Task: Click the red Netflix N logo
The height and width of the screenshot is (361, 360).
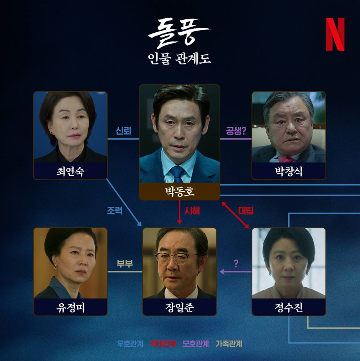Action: pyautogui.click(x=335, y=34)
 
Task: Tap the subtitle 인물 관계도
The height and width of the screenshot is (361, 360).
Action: pyautogui.click(x=179, y=59)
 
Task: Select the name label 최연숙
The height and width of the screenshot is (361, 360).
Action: pyautogui.click(x=70, y=172)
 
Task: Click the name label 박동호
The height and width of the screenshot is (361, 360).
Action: pyautogui.click(x=179, y=192)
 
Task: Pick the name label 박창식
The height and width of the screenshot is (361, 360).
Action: pyautogui.click(x=289, y=172)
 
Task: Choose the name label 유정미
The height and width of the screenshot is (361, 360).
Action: pyautogui.click(x=70, y=308)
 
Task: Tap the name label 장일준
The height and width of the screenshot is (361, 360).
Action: pyautogui.click(x=179, y=308)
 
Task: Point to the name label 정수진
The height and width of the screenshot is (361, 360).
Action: pyautogui.click(x=289, y=308)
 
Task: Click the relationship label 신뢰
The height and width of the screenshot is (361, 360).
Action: pyautogui.click(x=123, y=131)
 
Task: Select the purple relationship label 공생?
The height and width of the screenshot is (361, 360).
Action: pyautogui.click(x=236, y=131)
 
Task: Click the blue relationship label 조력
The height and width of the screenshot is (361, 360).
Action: pyautogui.click(x=115, y=211)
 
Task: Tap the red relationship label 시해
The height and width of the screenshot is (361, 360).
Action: pyautogui.click(x=192, y=211)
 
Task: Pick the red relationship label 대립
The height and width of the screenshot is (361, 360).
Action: pyautogui.click(x=246, y=211)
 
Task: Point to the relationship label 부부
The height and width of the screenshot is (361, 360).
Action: pyautogui.click(x=125, y=264)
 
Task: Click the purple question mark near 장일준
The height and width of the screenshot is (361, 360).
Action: pyautogui.click(x=236, y=263)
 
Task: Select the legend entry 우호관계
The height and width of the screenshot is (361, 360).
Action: pyautogui.click(x=130, y=344)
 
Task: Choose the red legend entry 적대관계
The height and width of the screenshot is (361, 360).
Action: pyautogui.click(x=163, y=344)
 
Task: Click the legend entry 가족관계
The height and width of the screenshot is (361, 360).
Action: pyautogui.click(x=229, y=344)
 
